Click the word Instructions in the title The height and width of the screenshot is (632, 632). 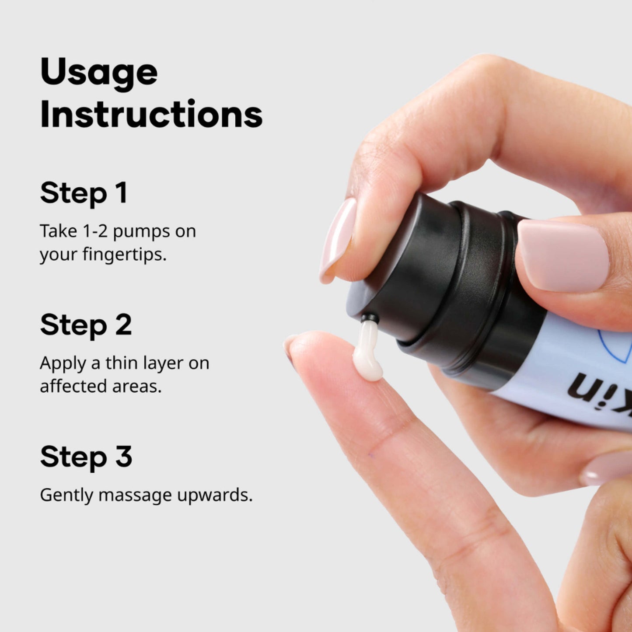tap(151, 114)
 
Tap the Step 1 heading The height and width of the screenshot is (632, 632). tap(84, 194)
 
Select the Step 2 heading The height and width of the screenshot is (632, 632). tap(86, 326)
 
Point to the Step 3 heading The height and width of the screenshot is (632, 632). tap(86, 457)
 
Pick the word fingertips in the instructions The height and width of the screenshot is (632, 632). tap(124, 255)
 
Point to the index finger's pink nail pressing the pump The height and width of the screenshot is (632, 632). tap(338, 239)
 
